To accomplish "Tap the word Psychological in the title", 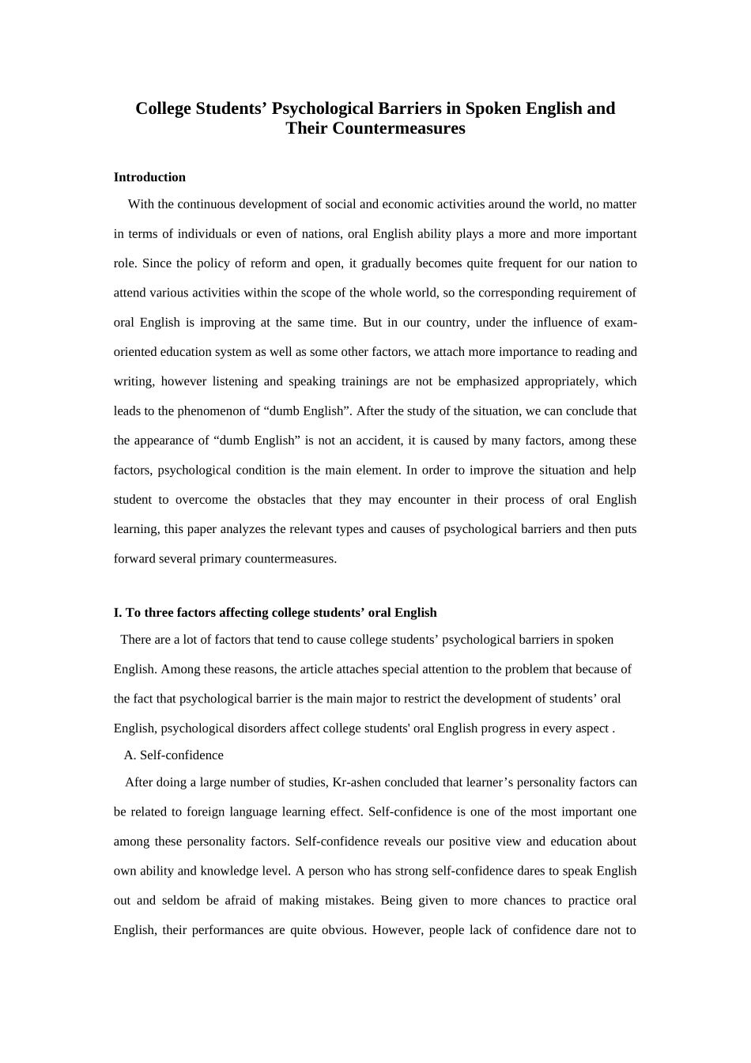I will [x=323, y=108].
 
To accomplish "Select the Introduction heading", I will [x=149, y=177].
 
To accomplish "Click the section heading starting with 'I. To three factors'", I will [x=275, y=612].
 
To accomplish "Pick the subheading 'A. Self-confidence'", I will [x=174, y=755].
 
